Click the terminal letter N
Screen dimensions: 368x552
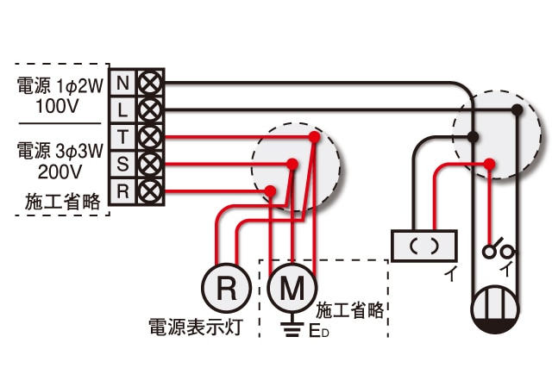tap(122, 83)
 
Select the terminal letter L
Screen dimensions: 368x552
tap(122, 109)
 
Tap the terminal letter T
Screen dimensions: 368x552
tap(122, 136)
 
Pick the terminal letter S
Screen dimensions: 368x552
tap(122, 164)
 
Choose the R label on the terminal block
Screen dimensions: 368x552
tap(122, 190)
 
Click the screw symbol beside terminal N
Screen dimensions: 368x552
tap(150, 83)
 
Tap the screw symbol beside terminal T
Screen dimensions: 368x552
tap(150, 136)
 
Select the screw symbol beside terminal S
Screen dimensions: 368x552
tap(150, 164)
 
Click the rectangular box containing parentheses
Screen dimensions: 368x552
tap(423, 246)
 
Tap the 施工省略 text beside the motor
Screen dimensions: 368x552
tap(348, 309)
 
